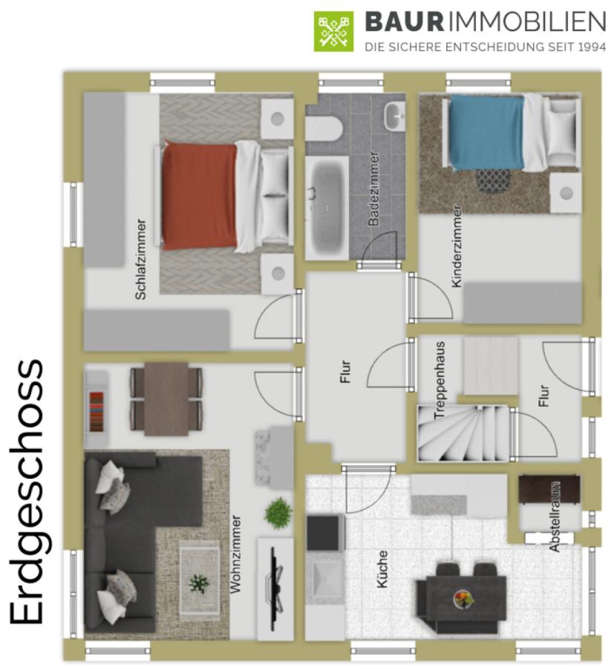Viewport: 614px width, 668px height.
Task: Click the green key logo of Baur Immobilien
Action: tap(333, 31)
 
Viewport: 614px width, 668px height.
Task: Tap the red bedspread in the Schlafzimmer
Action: tap(199, 195)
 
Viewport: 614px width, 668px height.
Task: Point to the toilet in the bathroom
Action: tap(324, 128)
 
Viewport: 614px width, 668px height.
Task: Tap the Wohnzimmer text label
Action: tap(235, 554)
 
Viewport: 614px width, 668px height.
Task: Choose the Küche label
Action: tap(382, 569)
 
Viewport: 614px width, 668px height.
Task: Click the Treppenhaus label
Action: tap(440, 380)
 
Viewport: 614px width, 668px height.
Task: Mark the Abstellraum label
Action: tap(555, 517)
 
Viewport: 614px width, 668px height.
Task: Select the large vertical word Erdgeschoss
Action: tap(27, 492)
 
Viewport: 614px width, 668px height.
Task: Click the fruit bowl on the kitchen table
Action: tap(463, 597)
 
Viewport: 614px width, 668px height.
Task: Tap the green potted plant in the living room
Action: tap(278, 513)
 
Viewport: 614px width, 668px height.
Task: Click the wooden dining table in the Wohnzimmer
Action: tap(166, 399)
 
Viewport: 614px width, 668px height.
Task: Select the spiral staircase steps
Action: tap(463, 433)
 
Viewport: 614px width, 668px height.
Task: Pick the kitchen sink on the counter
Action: tap(326, 577)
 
